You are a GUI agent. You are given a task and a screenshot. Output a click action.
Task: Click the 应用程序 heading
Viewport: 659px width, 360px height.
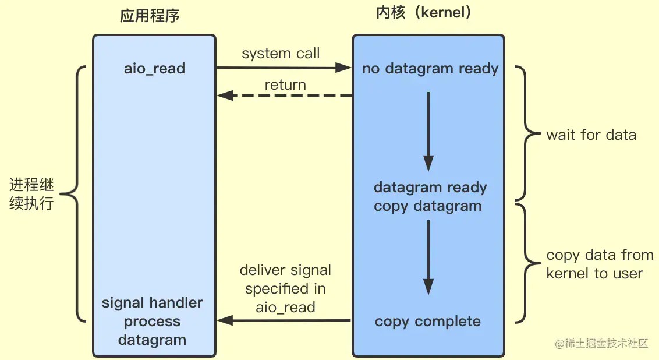[150, 15]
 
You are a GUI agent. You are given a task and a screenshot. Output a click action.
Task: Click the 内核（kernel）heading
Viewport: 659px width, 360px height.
[424, 13]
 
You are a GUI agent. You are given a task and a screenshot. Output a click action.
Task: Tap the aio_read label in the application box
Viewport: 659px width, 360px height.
[154, 69]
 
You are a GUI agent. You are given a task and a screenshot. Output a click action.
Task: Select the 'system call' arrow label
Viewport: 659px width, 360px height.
[281, 54]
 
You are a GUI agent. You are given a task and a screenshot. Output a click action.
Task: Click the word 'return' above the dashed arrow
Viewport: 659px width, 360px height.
[285, 85]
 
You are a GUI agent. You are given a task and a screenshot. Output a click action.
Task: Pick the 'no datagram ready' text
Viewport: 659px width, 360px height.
[430, 69]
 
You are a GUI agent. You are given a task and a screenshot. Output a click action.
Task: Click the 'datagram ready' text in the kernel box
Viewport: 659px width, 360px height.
[430, 188]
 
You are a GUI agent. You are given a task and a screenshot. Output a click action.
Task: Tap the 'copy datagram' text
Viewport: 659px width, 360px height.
[428, 206]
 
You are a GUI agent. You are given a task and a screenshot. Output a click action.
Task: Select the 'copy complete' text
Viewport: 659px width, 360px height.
[428, 322]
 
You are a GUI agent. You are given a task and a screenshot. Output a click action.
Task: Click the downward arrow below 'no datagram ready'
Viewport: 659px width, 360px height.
[428, 130]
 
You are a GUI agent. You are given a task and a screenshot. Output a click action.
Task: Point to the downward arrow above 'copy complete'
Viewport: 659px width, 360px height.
[428, 256]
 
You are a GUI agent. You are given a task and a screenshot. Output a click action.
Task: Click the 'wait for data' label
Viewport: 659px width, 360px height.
[591, 135]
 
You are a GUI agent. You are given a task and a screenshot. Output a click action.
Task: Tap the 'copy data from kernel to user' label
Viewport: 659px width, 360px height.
[599, 264]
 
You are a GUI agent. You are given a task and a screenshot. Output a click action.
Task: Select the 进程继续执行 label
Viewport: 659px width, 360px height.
[31, 195]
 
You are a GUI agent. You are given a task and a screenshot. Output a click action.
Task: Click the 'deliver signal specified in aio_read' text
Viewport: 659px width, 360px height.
[285, 288]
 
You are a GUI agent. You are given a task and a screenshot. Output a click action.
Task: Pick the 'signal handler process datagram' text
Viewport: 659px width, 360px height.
[153, 322]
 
